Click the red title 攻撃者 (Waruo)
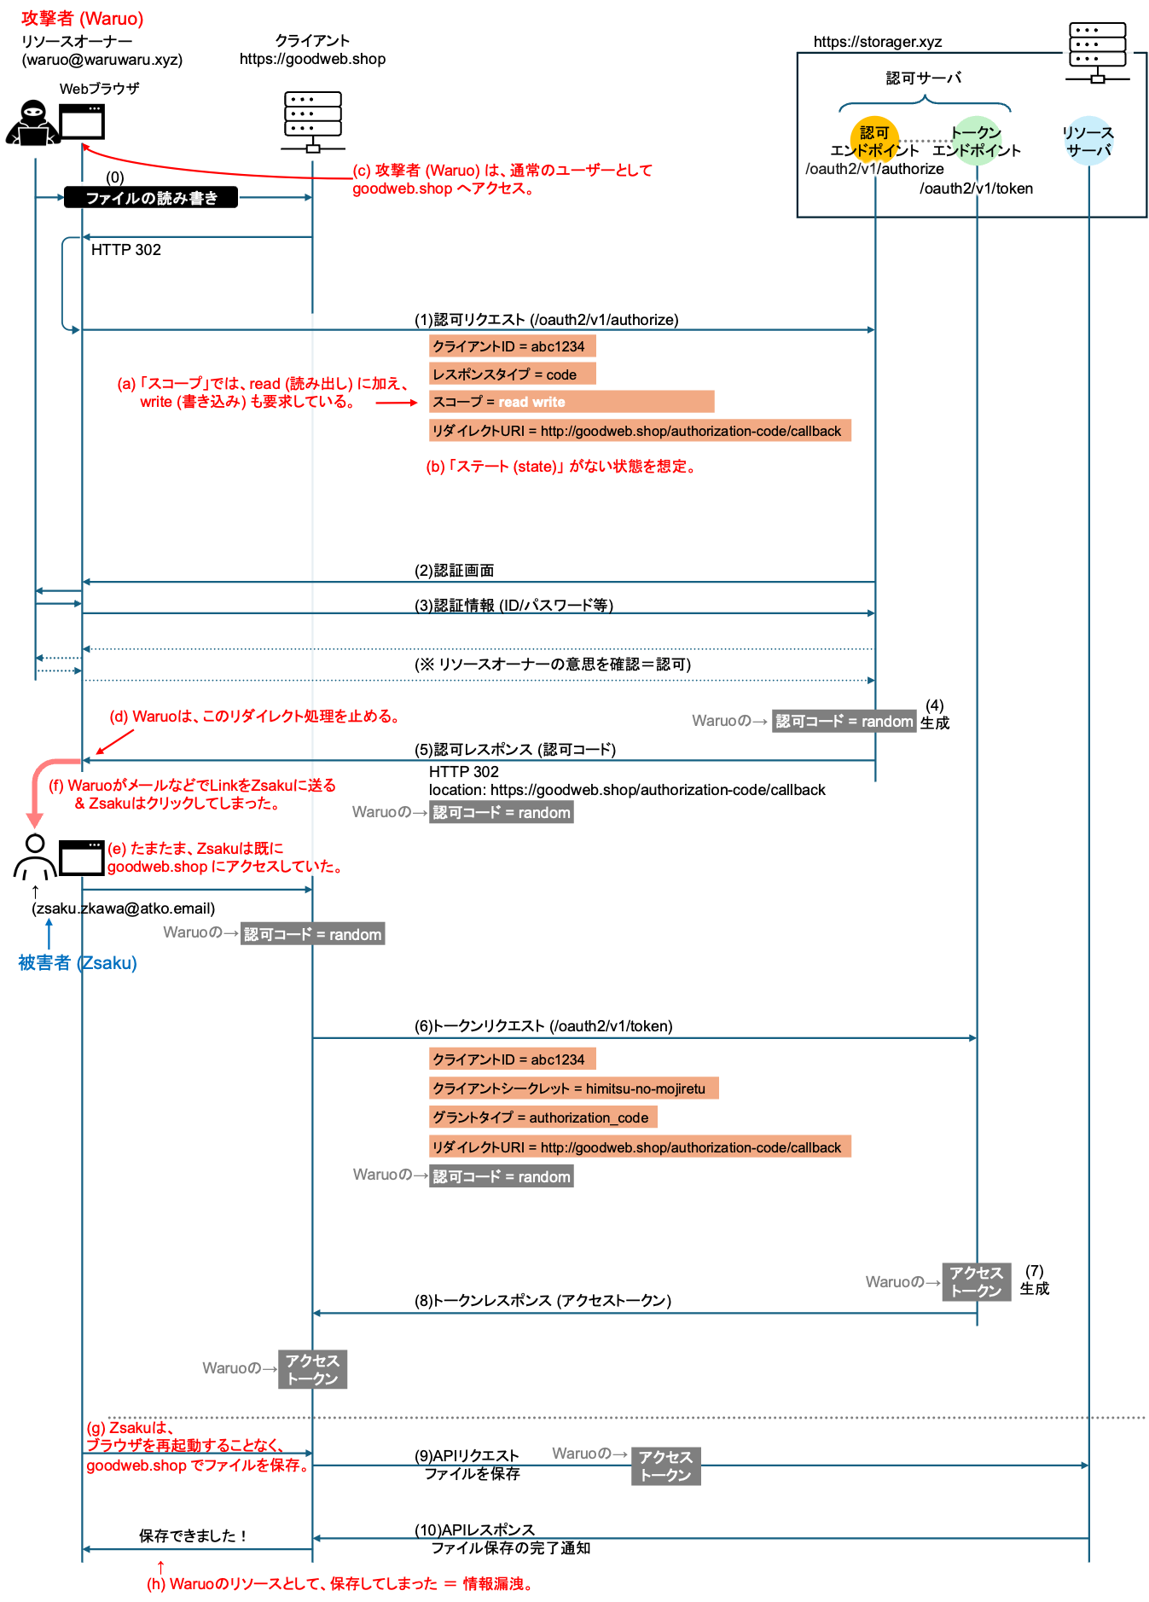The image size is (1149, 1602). (83, 19)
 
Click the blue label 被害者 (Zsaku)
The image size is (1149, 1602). (78, 963)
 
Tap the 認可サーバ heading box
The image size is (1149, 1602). (923, 78)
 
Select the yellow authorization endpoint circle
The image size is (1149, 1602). (874, 140)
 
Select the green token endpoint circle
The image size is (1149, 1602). (977, 140)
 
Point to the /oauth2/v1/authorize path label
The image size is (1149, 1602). (874, 169)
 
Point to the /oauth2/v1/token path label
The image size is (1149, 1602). (977, 189)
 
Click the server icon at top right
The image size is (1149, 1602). (1097, 52)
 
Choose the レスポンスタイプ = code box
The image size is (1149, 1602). (512, 374)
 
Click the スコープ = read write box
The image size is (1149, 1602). (572, 402)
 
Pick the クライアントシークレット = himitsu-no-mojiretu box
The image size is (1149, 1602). (573, 1088)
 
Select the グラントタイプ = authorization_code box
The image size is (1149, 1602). (543, 1117)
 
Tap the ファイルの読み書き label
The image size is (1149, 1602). (152, 199)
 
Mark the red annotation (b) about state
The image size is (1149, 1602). (560, 467)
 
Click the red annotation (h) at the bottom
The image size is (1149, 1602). (339, 1584)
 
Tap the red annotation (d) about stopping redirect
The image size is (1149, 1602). (254, 717)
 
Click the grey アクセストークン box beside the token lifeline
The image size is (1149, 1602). (976, 1282)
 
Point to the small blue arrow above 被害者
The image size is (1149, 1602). (49, 933)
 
